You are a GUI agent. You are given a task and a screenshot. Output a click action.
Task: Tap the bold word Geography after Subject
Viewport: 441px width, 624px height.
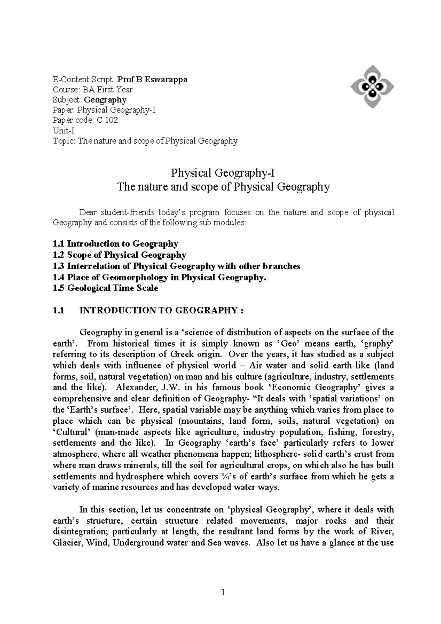tap(105, 100)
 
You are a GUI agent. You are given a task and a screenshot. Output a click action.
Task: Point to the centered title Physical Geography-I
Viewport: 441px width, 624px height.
tap(223, 173)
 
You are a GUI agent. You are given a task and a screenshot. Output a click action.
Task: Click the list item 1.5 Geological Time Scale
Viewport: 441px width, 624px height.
tap(105, 288)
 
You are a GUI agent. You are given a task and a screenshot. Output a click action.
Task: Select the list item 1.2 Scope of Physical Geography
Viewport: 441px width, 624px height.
tap(119, 255)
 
